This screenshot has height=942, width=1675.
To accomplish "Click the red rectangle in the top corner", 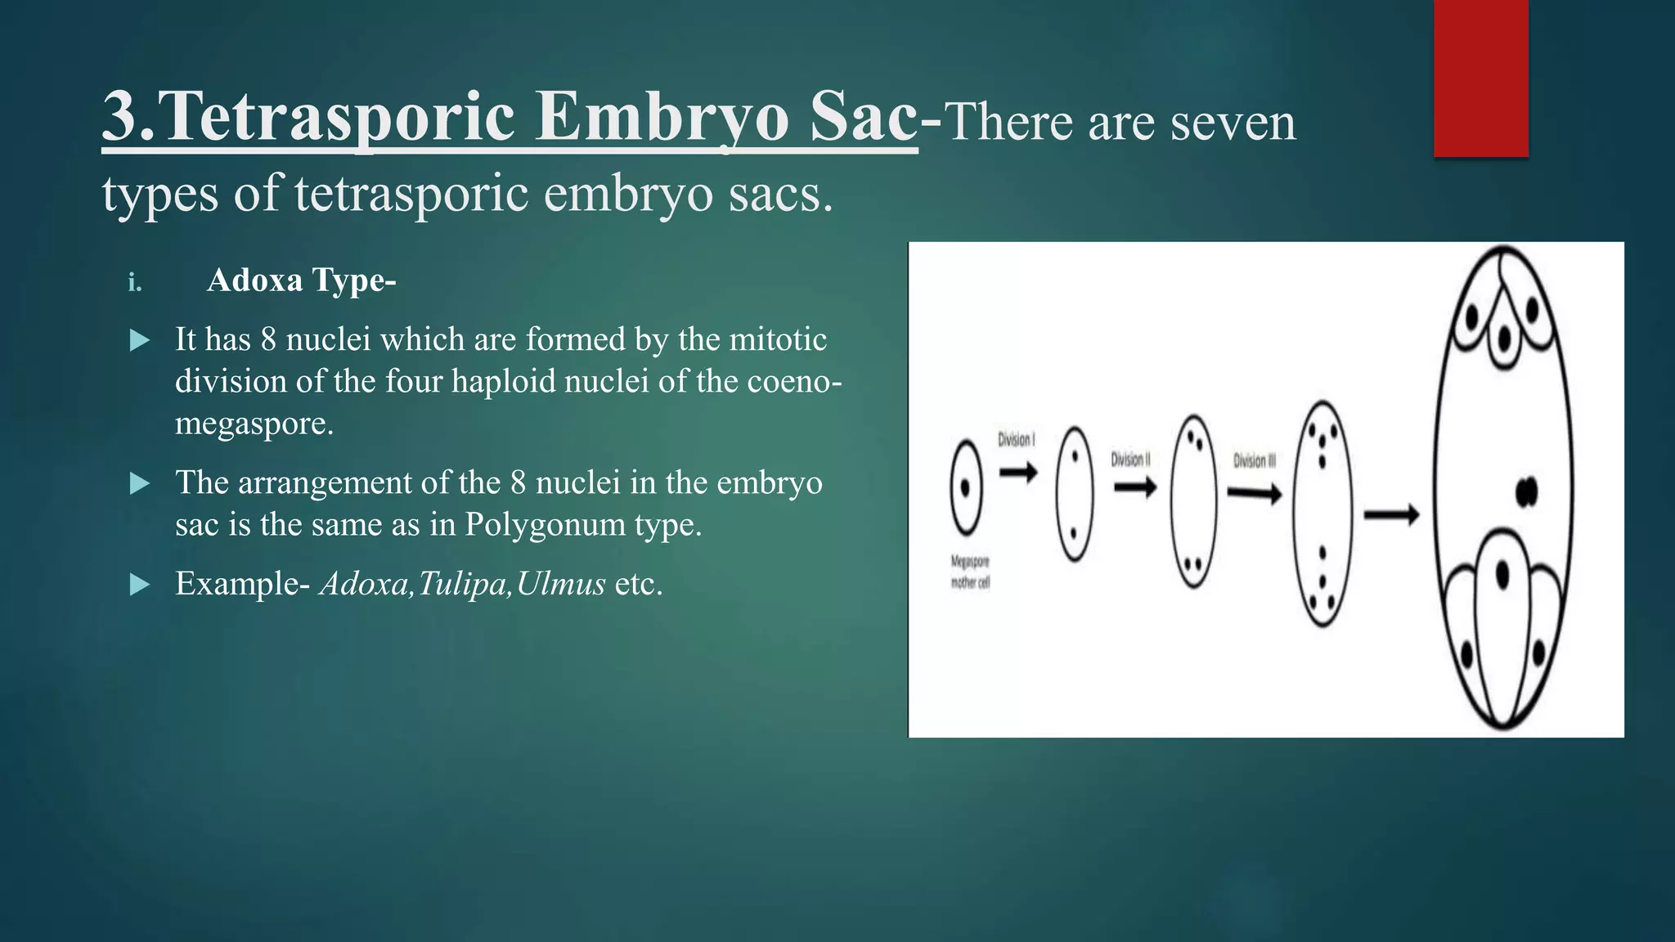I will coord(1480,78).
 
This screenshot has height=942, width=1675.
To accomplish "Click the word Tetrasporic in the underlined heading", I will coord(340,116).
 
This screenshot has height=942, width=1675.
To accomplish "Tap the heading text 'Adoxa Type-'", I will coord(301,280).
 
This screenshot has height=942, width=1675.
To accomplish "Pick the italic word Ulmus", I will coord(560,584).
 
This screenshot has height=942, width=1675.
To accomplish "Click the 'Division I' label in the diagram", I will coord(1016,440).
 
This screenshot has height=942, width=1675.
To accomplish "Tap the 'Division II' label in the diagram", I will coord(1130,460).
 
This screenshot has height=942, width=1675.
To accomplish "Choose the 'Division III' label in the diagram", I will coord(1255,461).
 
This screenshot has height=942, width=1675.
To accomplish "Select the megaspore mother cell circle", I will coord(966,487).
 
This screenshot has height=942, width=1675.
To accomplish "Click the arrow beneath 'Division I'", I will coord(1018,472).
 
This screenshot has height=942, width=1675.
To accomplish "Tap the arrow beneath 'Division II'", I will coord(1135,488).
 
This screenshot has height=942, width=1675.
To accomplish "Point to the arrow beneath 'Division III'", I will coord(1255,494).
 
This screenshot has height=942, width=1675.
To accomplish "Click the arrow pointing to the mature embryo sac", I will coord(1391,515).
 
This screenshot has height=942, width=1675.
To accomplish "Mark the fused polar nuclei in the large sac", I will coord(1526,491).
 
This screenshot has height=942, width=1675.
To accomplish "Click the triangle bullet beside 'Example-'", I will coord(140,585).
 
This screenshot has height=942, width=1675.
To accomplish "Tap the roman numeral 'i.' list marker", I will coord(135,283).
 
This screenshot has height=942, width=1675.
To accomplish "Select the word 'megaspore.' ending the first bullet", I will coord(254,424).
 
